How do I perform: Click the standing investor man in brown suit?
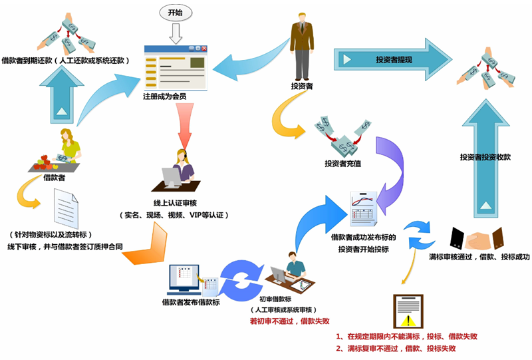301,46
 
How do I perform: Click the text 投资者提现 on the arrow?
394,60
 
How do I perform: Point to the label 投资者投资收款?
485,158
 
